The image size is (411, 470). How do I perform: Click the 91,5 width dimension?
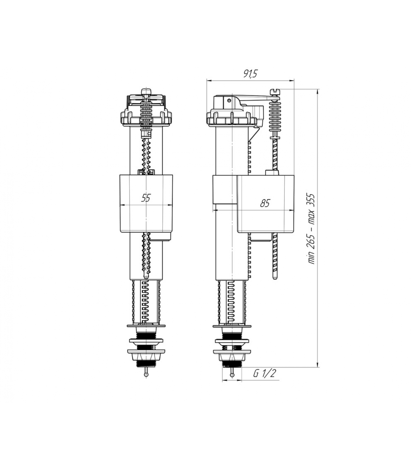pos(250,74)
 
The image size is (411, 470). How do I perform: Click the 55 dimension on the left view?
pos(146,198)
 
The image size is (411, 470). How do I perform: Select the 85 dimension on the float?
pos(265,203)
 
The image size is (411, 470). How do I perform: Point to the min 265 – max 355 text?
pos(311,229)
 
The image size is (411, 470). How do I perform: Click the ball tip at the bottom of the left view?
pos(146,375)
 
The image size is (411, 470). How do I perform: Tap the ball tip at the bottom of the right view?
pos(232,375)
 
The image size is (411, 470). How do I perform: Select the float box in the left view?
pos(146,203)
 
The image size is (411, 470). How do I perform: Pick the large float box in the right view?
pos(265,204)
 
